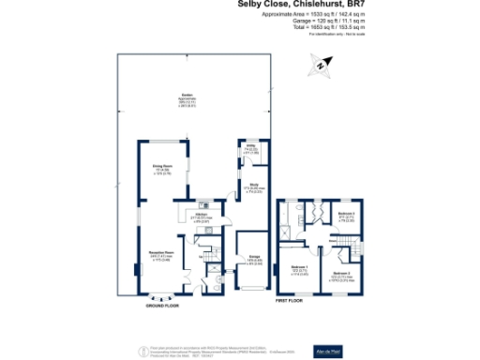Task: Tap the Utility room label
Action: (252, 148)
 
